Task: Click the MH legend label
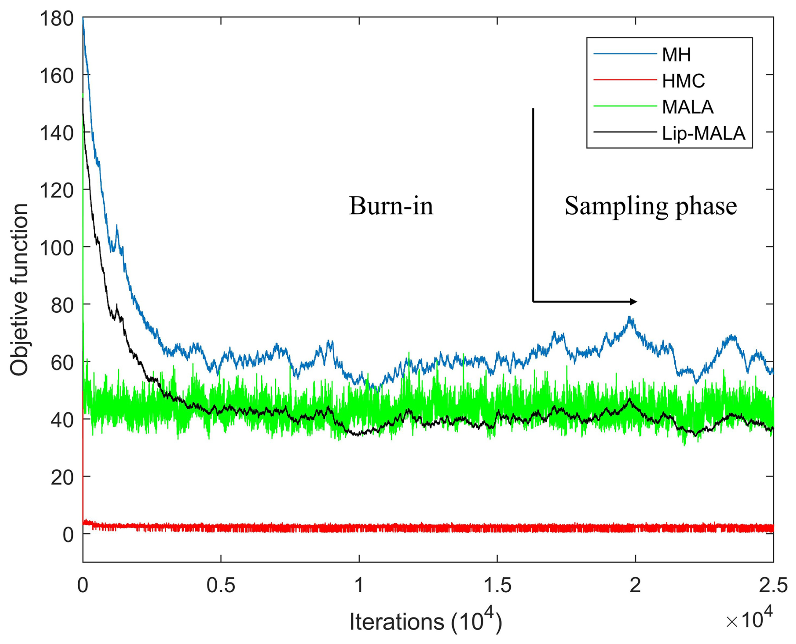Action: pyautogui.click(x=676, y=54)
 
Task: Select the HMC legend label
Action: pyautogui.click(x=683, y=81)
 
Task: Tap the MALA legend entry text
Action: pyautogui.click(x=687, y=107)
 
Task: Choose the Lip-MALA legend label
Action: pyautogui.click(x=703, y=133)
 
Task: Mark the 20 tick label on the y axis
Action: pyautogui.click(x=62, y=477)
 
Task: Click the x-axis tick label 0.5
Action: pyautogui.click(x=220, y=585)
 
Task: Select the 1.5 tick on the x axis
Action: pyautogui.click(x=497, y=585)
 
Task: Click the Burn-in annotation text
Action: pyautogui.click(x=391, y=206)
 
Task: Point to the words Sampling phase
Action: pyautogui.click(x=650, y=206)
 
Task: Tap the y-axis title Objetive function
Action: pyautogui.click(x=19, y=290)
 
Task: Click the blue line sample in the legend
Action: pyautogui.click(x=625, y=54)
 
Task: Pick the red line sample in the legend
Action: pyautogui.click(x=625, y=80)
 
